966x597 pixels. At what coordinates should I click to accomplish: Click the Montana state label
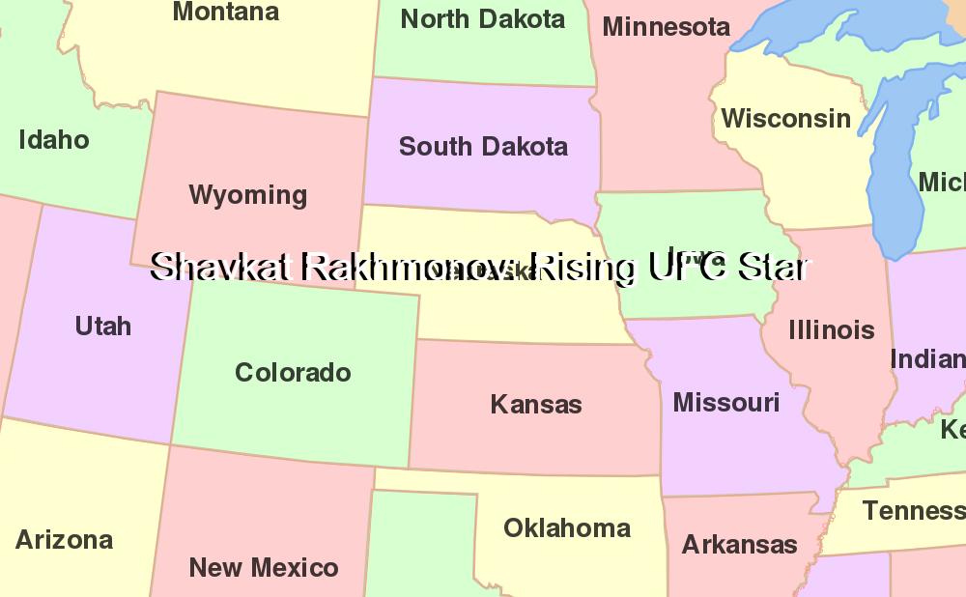(226, 13)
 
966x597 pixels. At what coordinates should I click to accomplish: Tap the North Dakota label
(482, 19)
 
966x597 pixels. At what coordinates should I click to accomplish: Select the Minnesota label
(666, 27)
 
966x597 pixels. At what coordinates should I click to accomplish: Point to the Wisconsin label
(785, 119)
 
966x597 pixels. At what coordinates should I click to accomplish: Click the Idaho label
(54, 140)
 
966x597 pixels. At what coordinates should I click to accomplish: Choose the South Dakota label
(483, 147)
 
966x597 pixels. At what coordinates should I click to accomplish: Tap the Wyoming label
(248, 195)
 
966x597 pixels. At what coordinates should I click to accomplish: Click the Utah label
(102, 327)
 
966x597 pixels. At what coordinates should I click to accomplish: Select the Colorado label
(293, 373)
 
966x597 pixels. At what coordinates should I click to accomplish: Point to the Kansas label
(536, 404)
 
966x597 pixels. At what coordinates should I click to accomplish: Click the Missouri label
(725, 402)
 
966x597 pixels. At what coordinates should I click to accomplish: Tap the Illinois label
(831, 330)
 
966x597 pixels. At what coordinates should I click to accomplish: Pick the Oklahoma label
(567, 528)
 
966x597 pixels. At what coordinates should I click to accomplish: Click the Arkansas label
(739, 545)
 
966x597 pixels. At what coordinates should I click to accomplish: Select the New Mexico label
(264, 568)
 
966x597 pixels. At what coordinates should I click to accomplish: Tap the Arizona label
(64, 540)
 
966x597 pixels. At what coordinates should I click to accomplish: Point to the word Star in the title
(772, 268)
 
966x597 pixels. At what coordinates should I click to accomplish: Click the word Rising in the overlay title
(583, 268)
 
